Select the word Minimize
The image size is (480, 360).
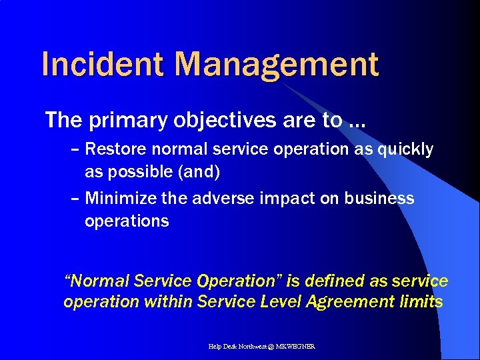117,199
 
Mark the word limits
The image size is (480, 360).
421,302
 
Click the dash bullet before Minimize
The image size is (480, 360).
75,199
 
